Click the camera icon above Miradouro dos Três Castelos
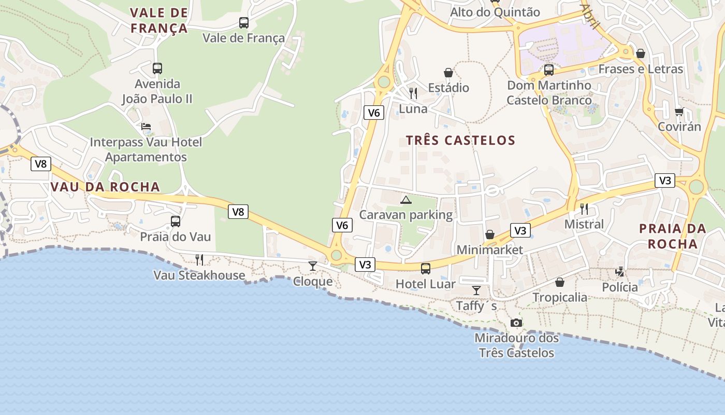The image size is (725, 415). point(516,323)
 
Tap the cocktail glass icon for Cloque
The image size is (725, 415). point(312,266)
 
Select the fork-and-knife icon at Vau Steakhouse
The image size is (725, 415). point(199,260)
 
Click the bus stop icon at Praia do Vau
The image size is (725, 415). point(176,222)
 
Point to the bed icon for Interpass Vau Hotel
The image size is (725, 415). point(146,127)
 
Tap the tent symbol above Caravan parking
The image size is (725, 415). point(406,200)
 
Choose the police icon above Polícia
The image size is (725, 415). point(619,271)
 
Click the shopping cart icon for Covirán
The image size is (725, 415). point(679,112)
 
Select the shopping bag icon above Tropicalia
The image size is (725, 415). point(560,282)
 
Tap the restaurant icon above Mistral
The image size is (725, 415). point(584,209)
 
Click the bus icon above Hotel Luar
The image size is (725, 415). point(425,268)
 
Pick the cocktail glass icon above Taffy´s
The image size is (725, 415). point(476,290)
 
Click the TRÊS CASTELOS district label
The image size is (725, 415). point(460,141)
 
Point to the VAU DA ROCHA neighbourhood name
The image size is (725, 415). point(105,187)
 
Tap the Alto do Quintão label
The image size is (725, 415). point(495,12)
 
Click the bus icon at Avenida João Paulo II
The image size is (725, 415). point(157,68)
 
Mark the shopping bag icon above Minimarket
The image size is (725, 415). point(489,235)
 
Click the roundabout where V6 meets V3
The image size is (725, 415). point(337,255)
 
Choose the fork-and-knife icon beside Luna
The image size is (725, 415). point(413,93)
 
